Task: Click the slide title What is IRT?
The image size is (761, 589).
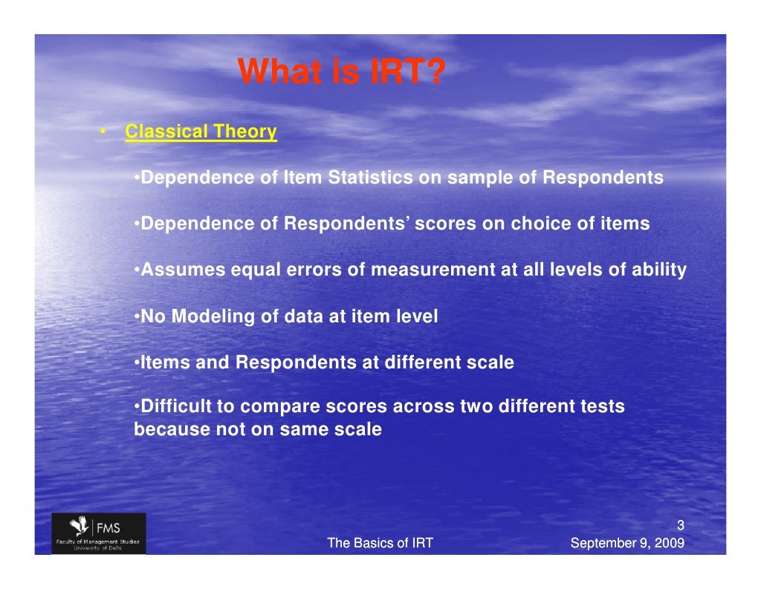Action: [x=341, y=73]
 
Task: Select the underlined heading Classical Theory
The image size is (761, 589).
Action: [x=201, y=132]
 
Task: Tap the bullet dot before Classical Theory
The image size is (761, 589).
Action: [x=105, y=133]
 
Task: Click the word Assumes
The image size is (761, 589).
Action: [x=183, y=270]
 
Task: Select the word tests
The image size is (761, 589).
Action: [x=601, y=407]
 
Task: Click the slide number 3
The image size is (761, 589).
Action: [x=680, y=527]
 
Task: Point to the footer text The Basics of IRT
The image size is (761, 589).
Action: [x=380, y=544]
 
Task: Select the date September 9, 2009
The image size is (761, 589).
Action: [x=626, y=544]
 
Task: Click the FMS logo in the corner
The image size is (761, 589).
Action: [x=99, y=533]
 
